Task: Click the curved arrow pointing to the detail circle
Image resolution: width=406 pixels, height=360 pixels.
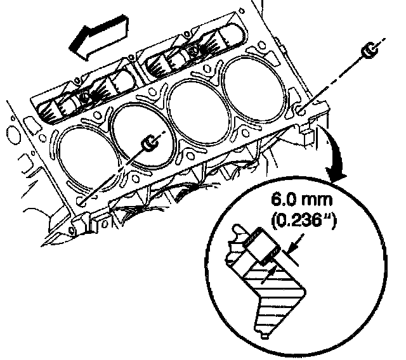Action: [336, 155]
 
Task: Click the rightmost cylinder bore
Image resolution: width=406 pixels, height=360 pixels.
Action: [254, 89]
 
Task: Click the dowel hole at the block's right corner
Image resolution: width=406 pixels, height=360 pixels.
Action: [300, 111]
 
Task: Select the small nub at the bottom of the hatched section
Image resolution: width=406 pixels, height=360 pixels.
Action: [264, 335]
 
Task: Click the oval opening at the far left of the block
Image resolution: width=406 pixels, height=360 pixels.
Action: [13, 134]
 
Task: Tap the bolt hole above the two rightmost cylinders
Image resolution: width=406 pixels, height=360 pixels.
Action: [207, 69]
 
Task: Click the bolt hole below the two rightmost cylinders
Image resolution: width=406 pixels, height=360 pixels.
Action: [246, 132]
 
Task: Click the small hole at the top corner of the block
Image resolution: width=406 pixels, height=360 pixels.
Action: [241, 11]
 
